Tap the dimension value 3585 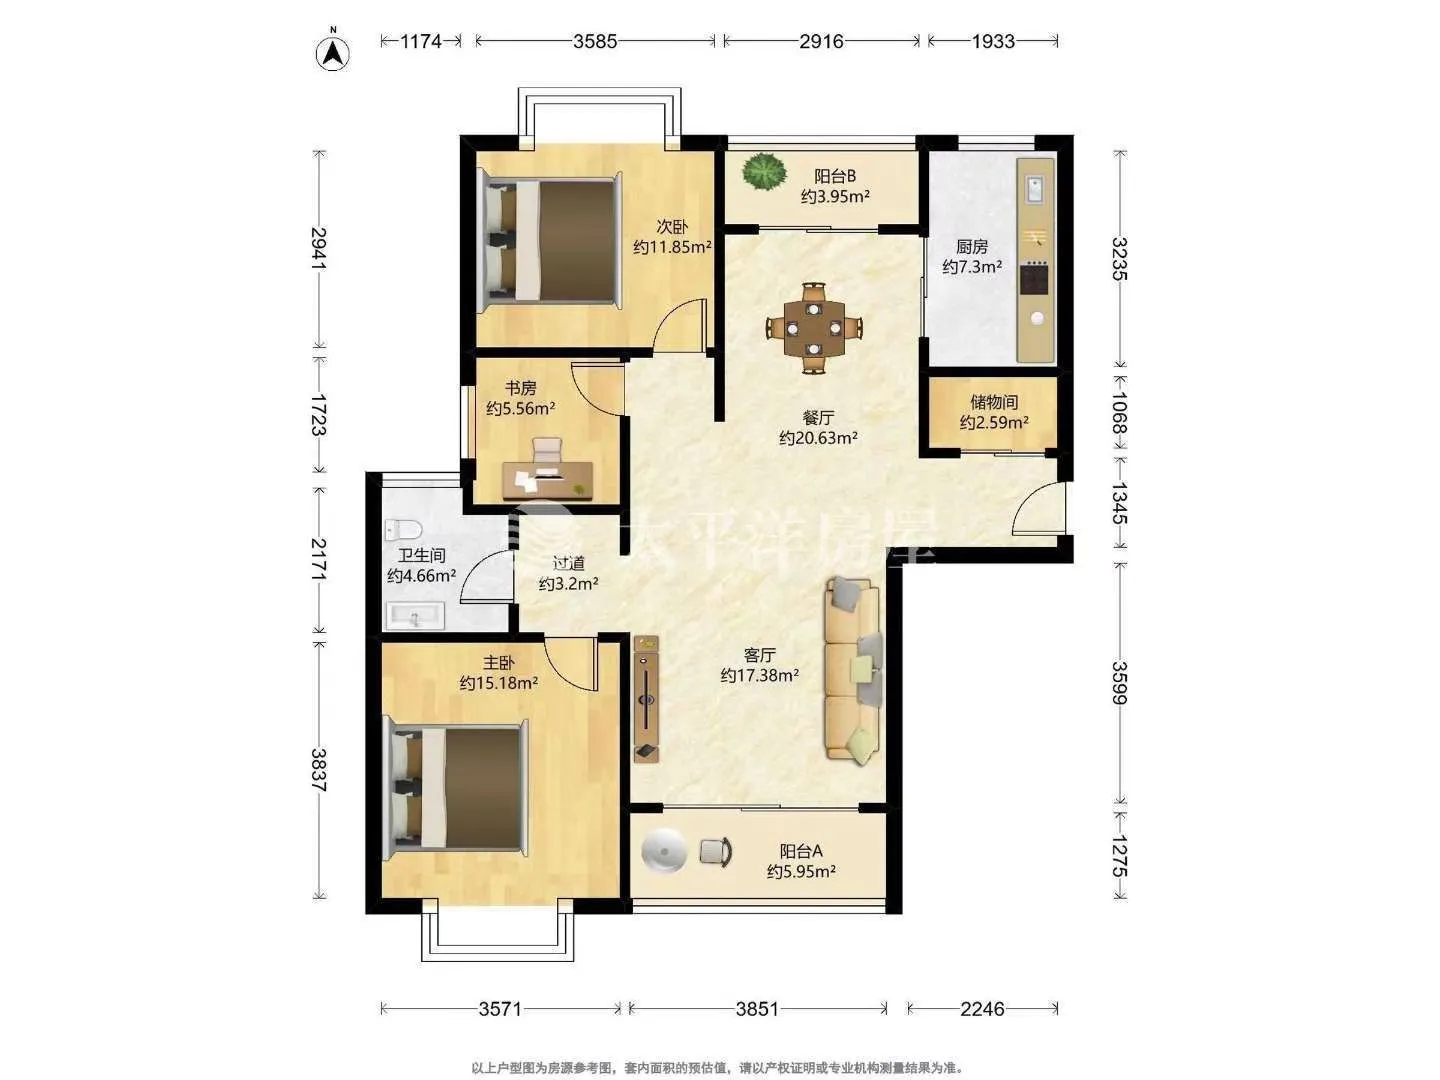pos(595,41)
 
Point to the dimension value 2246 pos(982,1009)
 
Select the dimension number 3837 pos(319,770)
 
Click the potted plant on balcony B pos(764,172)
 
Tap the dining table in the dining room pos(813,328)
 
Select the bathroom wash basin pos(415,616)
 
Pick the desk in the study pos(548,479)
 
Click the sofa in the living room pos(852,670)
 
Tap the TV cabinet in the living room pos(646,699)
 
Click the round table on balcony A pos(664,852)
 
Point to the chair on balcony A pos(716,852)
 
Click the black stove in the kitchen pos(1035,278)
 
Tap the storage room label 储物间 pos(994,402)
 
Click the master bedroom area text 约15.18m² pos(499,683)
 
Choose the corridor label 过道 pos(569,563)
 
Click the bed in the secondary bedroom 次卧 pos(550,240)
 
